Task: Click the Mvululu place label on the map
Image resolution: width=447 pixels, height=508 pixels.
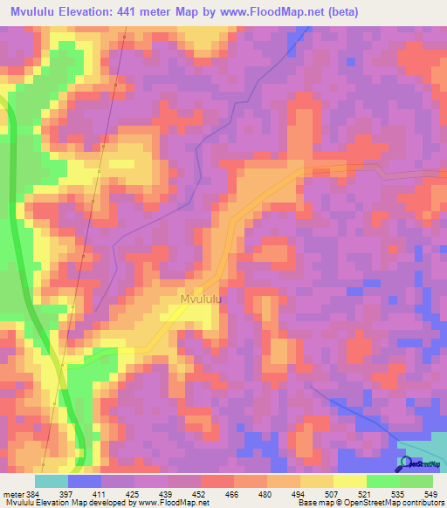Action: click(x=201, y=299)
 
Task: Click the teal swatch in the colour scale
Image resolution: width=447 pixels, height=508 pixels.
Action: click(x=52, y=482)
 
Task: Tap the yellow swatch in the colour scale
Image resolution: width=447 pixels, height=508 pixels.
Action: click(x=349, y=482)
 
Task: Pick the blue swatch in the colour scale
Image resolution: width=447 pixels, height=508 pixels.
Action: click(x=85, y=482)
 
